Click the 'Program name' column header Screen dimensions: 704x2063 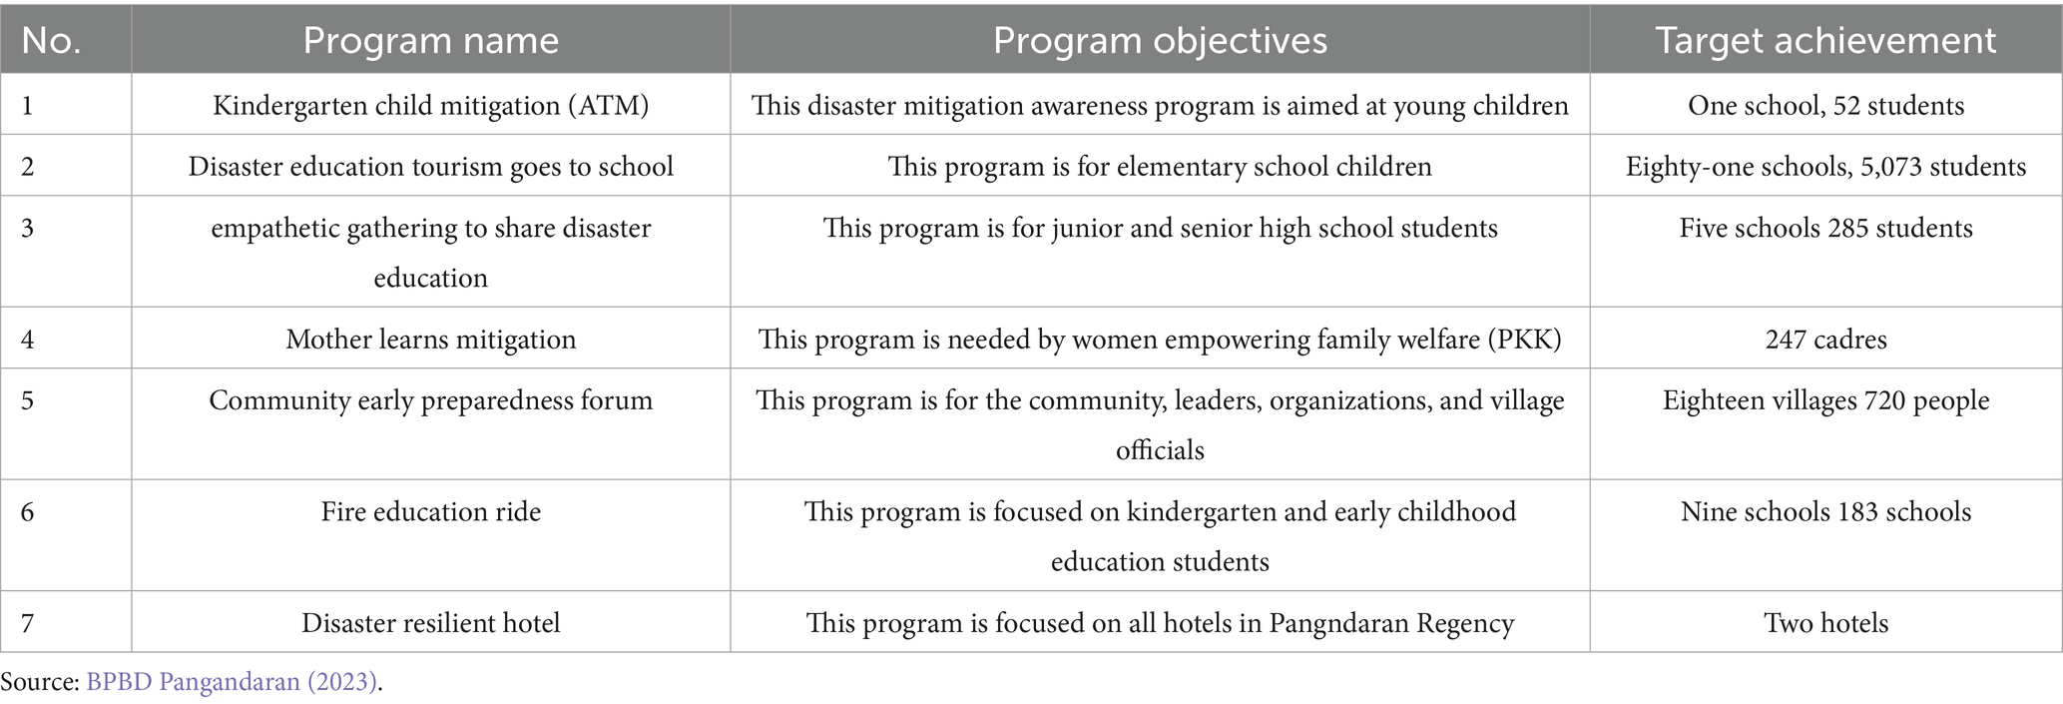coord(430,40)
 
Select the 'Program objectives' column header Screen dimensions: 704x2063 coord(1160,40)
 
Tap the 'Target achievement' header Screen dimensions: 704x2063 coord(1825,40)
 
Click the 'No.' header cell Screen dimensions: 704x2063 coord(51,40)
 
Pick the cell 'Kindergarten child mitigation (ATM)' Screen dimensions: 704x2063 coord(430,105)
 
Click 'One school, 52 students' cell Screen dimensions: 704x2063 coord(1825,105)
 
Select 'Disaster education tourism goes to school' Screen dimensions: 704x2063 coord(430,166)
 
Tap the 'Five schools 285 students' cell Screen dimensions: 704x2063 coord(1825,228)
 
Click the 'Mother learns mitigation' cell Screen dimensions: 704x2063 coord(430,340)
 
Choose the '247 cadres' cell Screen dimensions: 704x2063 coord(1825,340)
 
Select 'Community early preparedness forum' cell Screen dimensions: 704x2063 coord(430,400)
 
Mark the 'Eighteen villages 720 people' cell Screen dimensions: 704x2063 coord(1825,400)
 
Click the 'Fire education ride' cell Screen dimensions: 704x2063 coord(430,512)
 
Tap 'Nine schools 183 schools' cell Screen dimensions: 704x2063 coord(1825,512)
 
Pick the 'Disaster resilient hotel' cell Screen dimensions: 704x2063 coord(430,623)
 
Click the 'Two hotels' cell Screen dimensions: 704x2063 coord(1825,623)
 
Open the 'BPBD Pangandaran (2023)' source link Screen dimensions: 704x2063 coord(232,682)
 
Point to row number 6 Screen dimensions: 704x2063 coord(27,512)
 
